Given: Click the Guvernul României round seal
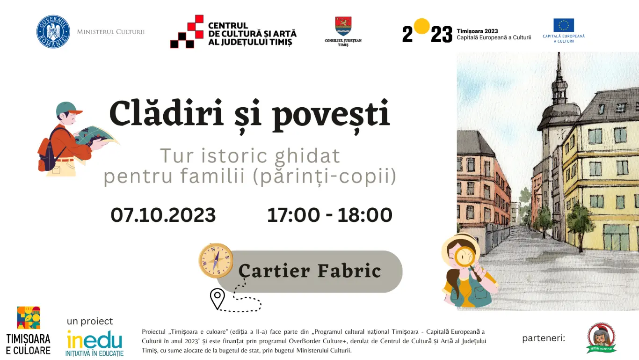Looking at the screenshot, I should (x=53, y=32).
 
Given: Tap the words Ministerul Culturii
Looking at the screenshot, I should (x=111, y=32).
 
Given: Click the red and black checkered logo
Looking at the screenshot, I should (x=187, y=32).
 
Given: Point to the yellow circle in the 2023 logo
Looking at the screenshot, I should (x=421, y=26).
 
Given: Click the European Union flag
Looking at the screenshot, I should (x=563, y=25).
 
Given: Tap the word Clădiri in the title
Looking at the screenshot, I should (x=166, y=114).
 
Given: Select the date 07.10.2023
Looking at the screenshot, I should (x=163, y=215).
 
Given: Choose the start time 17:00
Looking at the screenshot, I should (x=293, y=215).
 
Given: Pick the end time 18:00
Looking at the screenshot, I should (x=365, y=215).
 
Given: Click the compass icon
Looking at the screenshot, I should (x=216, y=260).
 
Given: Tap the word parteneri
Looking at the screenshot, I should (x=544, y=338).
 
